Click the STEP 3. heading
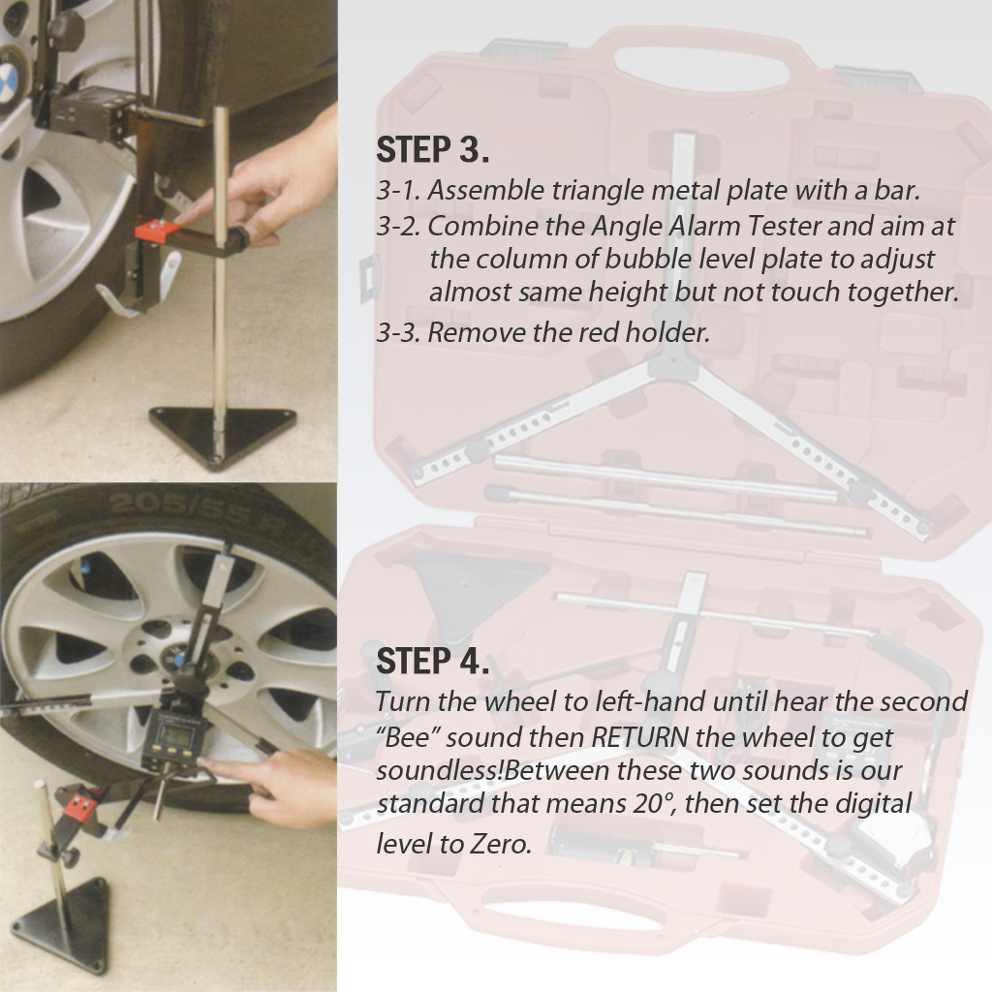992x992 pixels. coord(432,150)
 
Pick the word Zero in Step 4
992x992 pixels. coord(500,843)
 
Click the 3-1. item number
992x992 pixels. coord(398,190)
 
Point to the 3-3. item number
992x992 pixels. coord(398,332)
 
